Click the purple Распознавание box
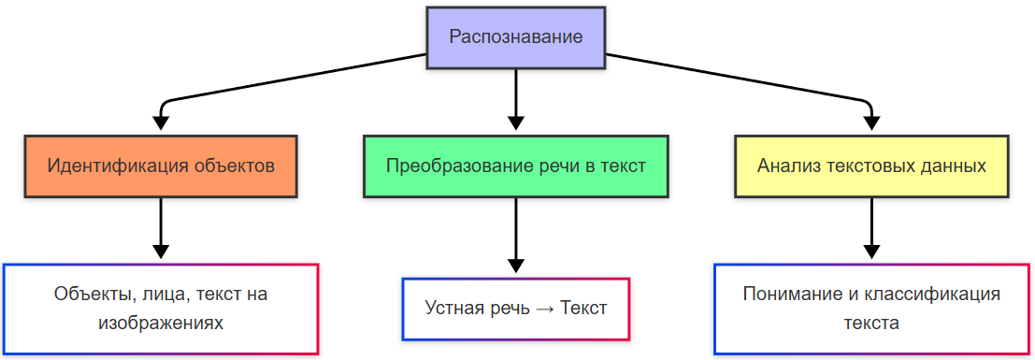pos(516,37)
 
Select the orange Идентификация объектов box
pos(161,166)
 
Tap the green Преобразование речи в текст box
pos(516,166)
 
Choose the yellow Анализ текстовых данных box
pos(871,166)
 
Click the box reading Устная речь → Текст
pos(516,308)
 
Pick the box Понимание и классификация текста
pos(871,309)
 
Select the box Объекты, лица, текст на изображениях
pos(161,309)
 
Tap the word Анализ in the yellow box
pos(786,166)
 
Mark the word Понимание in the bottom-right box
pos(787,294)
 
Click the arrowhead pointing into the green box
pos(516,122)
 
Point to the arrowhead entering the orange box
pos(161,122)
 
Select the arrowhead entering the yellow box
pos(871,122)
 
